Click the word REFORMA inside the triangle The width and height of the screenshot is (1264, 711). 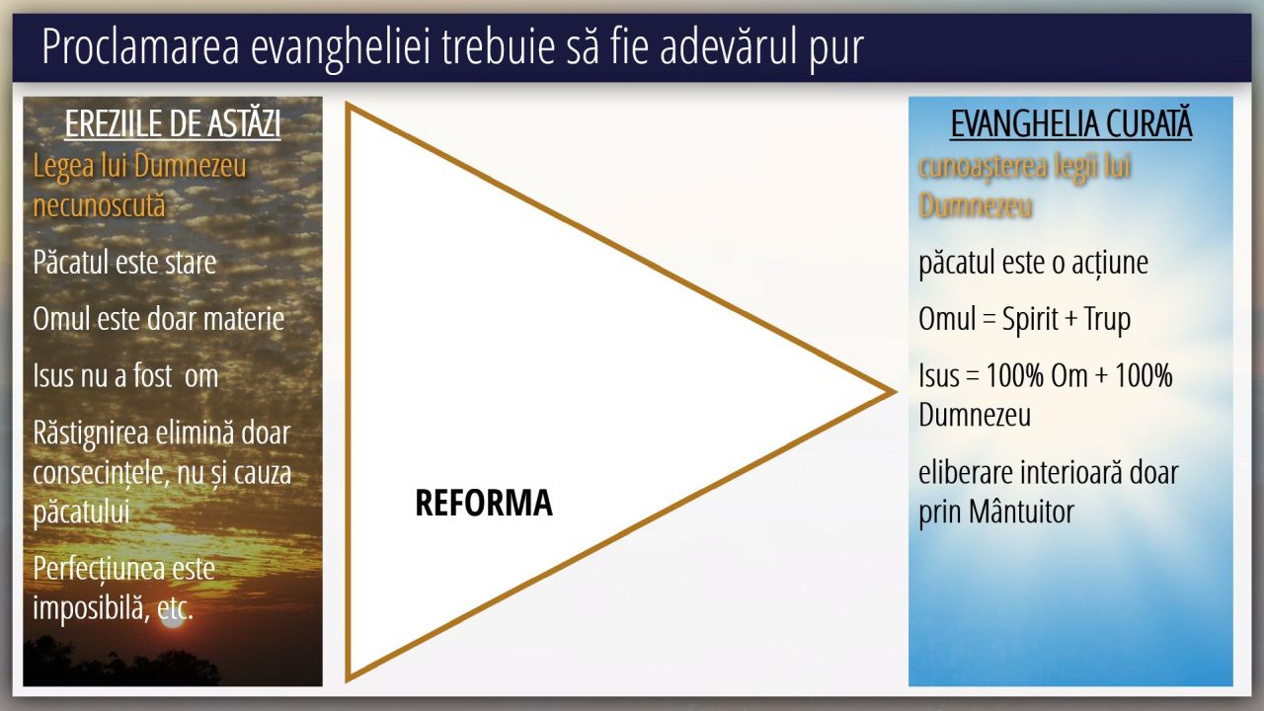pyautogui.click(x=484, y=503)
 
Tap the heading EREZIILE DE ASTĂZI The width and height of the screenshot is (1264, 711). pyautogui.click(x=173, y=123)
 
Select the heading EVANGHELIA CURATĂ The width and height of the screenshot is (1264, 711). pyautogui.click(x=1071, y=123)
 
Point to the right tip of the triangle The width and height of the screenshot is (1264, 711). pyautogui.click(x=895, y=392)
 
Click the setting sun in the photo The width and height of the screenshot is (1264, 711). pyautogui.click(x=172, y=618)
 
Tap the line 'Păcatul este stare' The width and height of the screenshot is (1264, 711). pyautogui.click(x=124, y=263)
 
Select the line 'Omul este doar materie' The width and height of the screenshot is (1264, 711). pyautogui.click(x=159, y=319)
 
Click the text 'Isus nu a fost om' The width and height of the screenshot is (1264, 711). pyautogui.click(x=125, y=376)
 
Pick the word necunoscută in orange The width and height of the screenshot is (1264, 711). pyautogui.click(x=99, y=204)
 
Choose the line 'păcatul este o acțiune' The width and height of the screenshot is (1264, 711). pyautogui.click(x=1033, y=263)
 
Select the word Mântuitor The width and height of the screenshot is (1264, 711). pyautogui.click(x=1021, y=512)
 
